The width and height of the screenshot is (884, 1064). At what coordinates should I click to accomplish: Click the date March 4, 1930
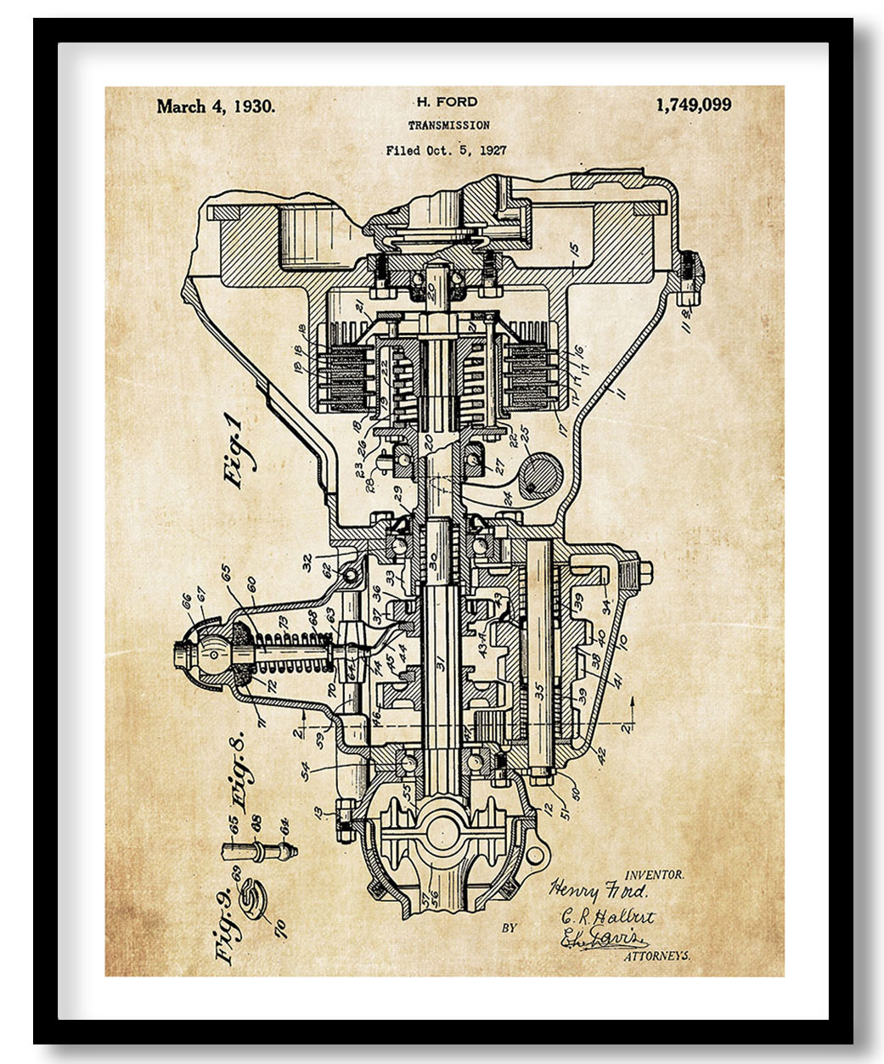coord(216,107)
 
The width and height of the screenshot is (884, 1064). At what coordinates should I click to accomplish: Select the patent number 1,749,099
coord(693,105)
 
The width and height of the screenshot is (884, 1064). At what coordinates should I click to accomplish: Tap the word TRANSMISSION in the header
coord(448,126)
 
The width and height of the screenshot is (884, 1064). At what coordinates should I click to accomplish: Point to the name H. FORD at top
coord(448,102)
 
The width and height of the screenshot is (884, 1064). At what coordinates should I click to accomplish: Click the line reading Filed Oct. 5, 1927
coord(446,151)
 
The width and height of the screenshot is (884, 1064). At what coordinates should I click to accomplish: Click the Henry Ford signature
coord(599,891)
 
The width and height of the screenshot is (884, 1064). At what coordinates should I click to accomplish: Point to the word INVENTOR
coord(654,874)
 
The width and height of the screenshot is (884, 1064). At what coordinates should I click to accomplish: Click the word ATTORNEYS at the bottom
coord(657,956)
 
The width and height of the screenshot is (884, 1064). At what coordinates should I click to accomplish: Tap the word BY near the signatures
coord(509,928)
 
